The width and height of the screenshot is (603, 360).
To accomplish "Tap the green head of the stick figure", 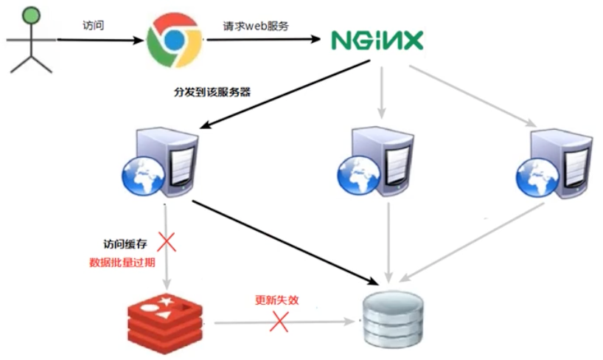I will click(x=30, y=14).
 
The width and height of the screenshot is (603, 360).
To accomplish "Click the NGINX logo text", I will click(x=377, y=39).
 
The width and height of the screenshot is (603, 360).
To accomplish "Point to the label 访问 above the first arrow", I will click(x=93, y=25).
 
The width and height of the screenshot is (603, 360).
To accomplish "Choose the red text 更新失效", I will click(x=277, y=300).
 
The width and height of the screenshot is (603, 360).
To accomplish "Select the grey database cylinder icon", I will click(x=393, y=322).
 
